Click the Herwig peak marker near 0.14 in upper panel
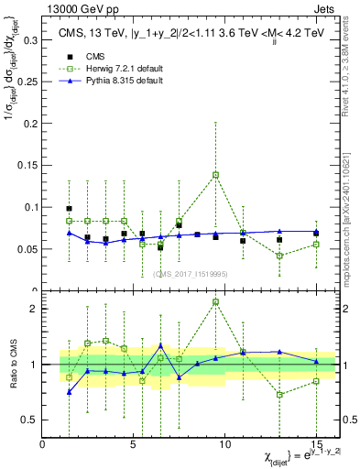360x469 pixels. point(215,174)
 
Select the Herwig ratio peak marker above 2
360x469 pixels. point(215,301)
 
